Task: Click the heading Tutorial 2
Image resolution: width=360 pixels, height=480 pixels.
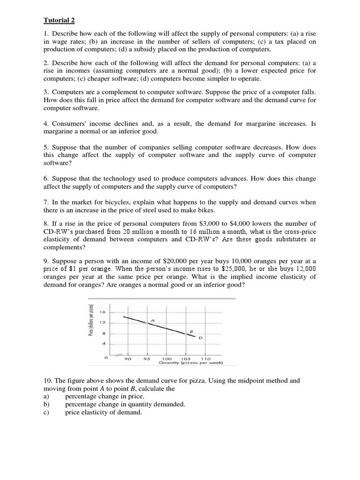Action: tap(59, 20)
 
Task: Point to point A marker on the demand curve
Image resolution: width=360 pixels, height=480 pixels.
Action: tap(147, 323)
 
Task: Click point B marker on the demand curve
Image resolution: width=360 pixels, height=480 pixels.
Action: tap(186, 334)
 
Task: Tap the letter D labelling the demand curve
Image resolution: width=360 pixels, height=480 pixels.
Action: tap(201, 337)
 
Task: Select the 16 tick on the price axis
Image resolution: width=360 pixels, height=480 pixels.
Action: tap(103, 312)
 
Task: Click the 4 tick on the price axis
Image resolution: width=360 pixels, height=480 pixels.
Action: tap(104, 344)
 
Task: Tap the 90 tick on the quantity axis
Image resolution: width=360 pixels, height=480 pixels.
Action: tap(127, 359)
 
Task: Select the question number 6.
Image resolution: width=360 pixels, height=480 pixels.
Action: tap(46, 179)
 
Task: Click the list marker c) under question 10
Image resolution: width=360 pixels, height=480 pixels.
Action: tap(46, 412)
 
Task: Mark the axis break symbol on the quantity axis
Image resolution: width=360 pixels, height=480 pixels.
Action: tap(120, 354)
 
